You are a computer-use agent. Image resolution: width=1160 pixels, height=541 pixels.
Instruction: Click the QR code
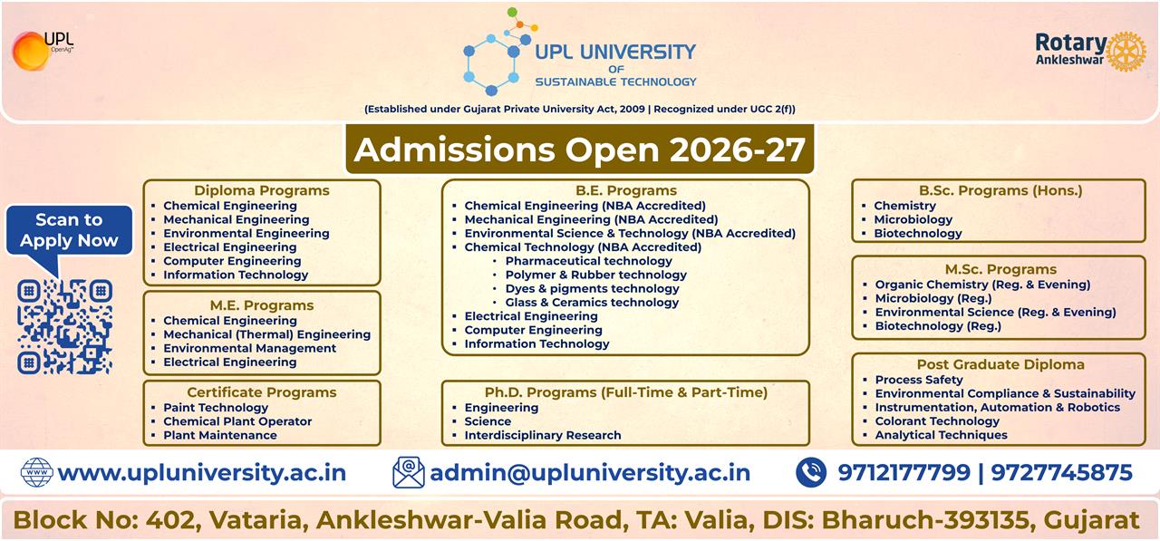(64, 326)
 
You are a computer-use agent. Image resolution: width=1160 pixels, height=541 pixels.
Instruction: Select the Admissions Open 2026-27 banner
(580, 150)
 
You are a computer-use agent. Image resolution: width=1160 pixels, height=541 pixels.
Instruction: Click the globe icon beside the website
(36, 472)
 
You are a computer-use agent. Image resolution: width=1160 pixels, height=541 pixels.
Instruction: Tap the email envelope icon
(409, 472)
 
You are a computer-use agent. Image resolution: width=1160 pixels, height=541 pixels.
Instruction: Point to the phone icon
(811, 472)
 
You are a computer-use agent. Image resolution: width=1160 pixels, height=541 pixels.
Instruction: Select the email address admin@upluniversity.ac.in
(590, 472)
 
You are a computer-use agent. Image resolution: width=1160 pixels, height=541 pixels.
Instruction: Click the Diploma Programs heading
(262, 190)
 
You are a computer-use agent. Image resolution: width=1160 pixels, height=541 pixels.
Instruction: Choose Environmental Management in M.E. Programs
(249, 348)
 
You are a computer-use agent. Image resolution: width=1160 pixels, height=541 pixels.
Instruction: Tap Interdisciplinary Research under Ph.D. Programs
(543, 435)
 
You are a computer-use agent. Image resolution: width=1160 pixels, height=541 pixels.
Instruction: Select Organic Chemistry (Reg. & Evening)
(982, 285)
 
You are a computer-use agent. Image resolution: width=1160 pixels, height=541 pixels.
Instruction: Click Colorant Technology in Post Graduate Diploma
(937, 421)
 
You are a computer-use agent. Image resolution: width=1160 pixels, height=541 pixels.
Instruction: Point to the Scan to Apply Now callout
(69, 230)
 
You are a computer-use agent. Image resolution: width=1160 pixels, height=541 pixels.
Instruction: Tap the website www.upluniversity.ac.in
(201, 472)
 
